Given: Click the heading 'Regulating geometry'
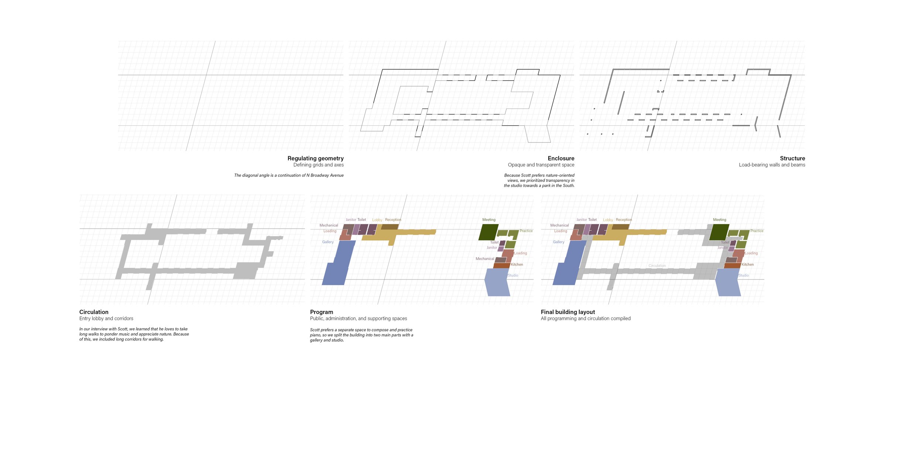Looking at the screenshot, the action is pyautogui.click(x=315, y=158).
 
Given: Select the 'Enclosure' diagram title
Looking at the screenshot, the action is pyautogui.click(x=561, y=158).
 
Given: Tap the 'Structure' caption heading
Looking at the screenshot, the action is pyautogui.click(x=792, y=158).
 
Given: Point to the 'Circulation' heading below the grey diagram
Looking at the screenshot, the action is pyautogui.click(x=94, y=312).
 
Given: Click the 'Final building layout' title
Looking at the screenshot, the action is pyautogui.click(x=568, y=312).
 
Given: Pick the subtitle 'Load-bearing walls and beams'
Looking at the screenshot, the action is pyautogui.click(x=772, y=165).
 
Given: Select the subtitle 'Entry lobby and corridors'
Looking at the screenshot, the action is pyautogui.click(x=106, y=319).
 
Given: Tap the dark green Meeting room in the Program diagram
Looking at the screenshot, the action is pyautogui.click(x=488, y=232).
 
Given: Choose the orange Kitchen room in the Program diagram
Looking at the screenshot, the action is pyautogui.click(x=501, y=266).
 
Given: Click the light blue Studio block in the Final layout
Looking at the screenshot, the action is pyautogui.click(x=728, y=283).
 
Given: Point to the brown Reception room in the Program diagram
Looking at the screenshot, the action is pyautogui.click(x=390, y=226).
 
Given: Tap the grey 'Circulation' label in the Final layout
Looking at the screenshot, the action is pyautogui.click(x=657, y=266).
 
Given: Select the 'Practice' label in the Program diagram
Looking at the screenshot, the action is pyautogui.click(x=526, y=231).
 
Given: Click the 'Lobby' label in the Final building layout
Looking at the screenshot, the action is pyautogui.click(x=608, y=220).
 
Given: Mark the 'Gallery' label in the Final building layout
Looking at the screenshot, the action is pyautogui.click(x=558, y=242).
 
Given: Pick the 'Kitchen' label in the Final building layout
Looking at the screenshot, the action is pyautogui.click(x=748, y=264).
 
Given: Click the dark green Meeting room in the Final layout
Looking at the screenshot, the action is pyautogui.click(x=719, y=232).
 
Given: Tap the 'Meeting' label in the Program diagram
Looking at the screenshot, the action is pyautogui.click(x=489, y=220).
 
